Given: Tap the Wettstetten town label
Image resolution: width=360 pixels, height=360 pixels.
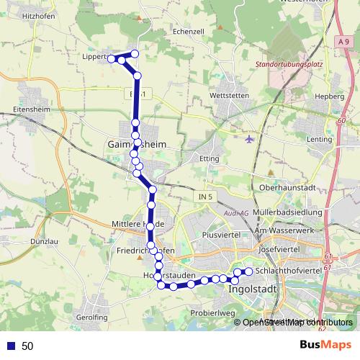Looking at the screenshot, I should click(x=228, y=95).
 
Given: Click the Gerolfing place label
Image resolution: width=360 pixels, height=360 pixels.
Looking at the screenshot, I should click(x=91, y=317).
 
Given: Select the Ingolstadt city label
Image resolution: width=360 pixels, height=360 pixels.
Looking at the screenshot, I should click(x=252, y=290).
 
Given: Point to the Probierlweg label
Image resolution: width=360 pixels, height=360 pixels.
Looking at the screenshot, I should click(x=213, y=313).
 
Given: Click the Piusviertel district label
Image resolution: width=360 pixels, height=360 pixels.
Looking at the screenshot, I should click(x=220, y=235).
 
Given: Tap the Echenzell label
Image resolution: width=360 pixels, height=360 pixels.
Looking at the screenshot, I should click(x=189, y=32).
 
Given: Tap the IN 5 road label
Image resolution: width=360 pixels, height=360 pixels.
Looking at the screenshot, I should click(x=205, y=197).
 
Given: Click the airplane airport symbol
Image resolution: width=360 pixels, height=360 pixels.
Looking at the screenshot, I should click(x=249, y=139).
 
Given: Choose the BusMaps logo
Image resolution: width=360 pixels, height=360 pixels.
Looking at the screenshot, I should click(x=326, y=345).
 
